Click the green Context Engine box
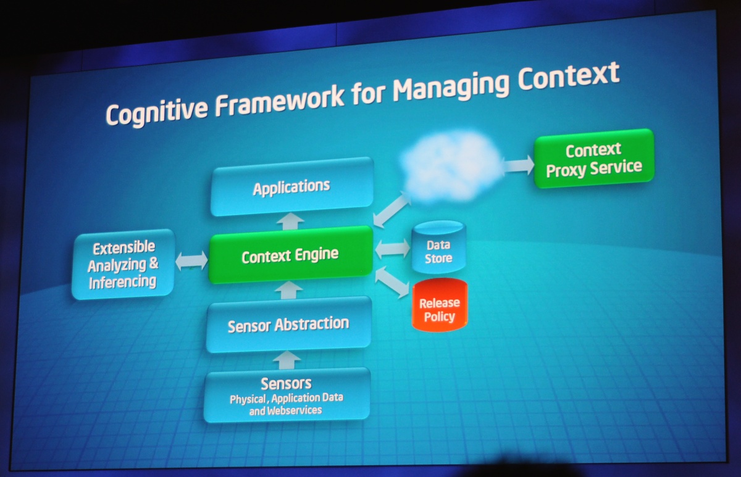(x=290, y=255)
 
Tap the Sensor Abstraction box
(x=288, y=325)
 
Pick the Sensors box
(x=287, y=395)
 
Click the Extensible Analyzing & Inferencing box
(x=123, y=265)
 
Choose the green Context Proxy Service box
(x=593, y=159)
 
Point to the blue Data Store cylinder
(x=438, y=247)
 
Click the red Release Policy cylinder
(x=440, y=305)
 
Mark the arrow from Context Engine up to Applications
(x=290, y=221)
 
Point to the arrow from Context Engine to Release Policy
(x=392, y=280)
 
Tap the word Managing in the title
(x=458, y=85)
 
